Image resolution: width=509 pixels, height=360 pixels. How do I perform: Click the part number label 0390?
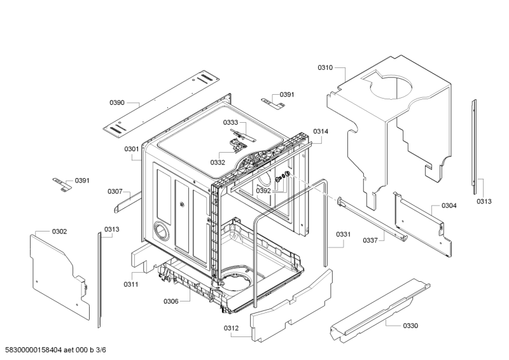[116, 102]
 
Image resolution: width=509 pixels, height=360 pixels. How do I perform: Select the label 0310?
[325, 67]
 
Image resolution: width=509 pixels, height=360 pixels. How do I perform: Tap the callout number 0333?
[230, 122]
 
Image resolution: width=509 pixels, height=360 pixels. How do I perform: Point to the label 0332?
[218, 162]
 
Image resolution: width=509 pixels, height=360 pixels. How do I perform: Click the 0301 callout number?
[132, 149]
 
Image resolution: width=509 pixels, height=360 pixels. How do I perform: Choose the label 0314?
[321, 132]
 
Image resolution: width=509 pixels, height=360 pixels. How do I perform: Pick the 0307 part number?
[115, 191]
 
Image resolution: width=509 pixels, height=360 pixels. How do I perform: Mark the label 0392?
[263, 190]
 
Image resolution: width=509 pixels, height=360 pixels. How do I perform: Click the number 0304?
[449, 205]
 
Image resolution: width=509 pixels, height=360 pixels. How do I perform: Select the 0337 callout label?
[370, 240]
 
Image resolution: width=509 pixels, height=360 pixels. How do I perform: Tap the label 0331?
[344, 234]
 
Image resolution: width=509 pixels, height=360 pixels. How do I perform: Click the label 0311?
[131, 284]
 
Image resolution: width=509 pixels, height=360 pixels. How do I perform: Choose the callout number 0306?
[171, 301]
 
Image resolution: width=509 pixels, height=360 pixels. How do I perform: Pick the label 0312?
[231, 328]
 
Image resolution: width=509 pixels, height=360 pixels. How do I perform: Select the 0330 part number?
[410, 326]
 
